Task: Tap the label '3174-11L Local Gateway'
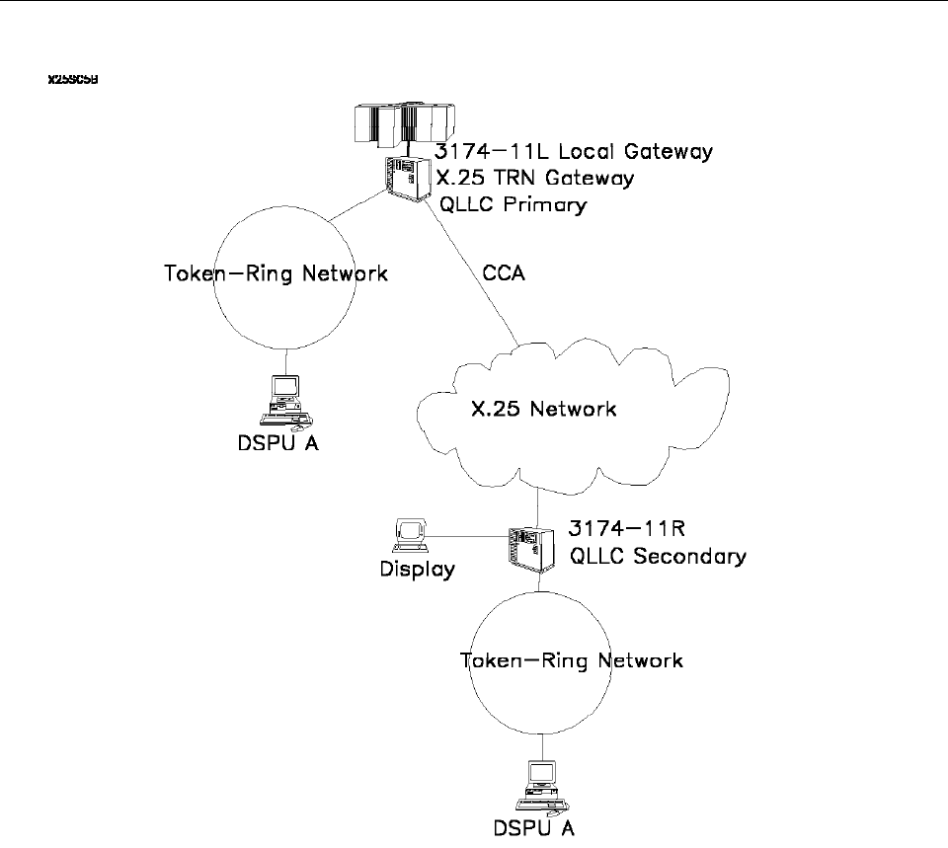pos(574,153)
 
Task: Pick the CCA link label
pos(505,273)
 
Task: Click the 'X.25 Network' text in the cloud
pos(542,408)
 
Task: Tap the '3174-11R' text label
pos(613,529)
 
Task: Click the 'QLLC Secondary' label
pos(659,556)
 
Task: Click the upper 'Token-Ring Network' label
pos(275,273)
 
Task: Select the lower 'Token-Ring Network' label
pos(572,660)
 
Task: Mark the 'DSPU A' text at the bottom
pos(536,827)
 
